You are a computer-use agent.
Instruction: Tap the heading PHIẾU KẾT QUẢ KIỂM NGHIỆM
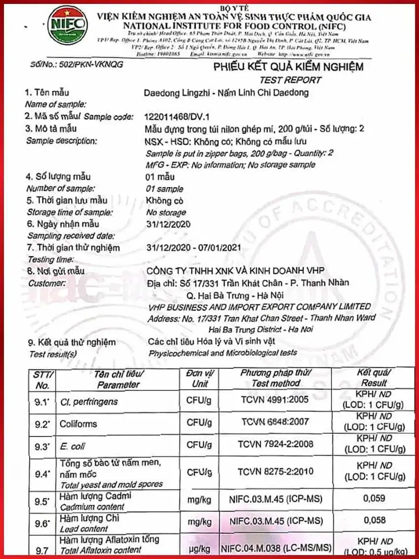tap(288, 67)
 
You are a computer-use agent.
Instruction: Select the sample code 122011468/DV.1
tap(177, 117)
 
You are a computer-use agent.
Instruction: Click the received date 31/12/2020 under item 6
tap(169, 225)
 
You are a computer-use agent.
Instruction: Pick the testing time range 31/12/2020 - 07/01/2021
tap(194, 248)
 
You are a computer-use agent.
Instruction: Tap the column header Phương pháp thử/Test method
tap(276, 378)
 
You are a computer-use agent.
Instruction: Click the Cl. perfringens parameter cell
tap(89, 401)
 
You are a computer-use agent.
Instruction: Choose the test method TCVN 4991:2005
tap(276, 401)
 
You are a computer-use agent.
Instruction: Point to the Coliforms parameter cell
tap(78, 424)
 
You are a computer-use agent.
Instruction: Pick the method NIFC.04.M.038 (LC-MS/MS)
tap(276, 548)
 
